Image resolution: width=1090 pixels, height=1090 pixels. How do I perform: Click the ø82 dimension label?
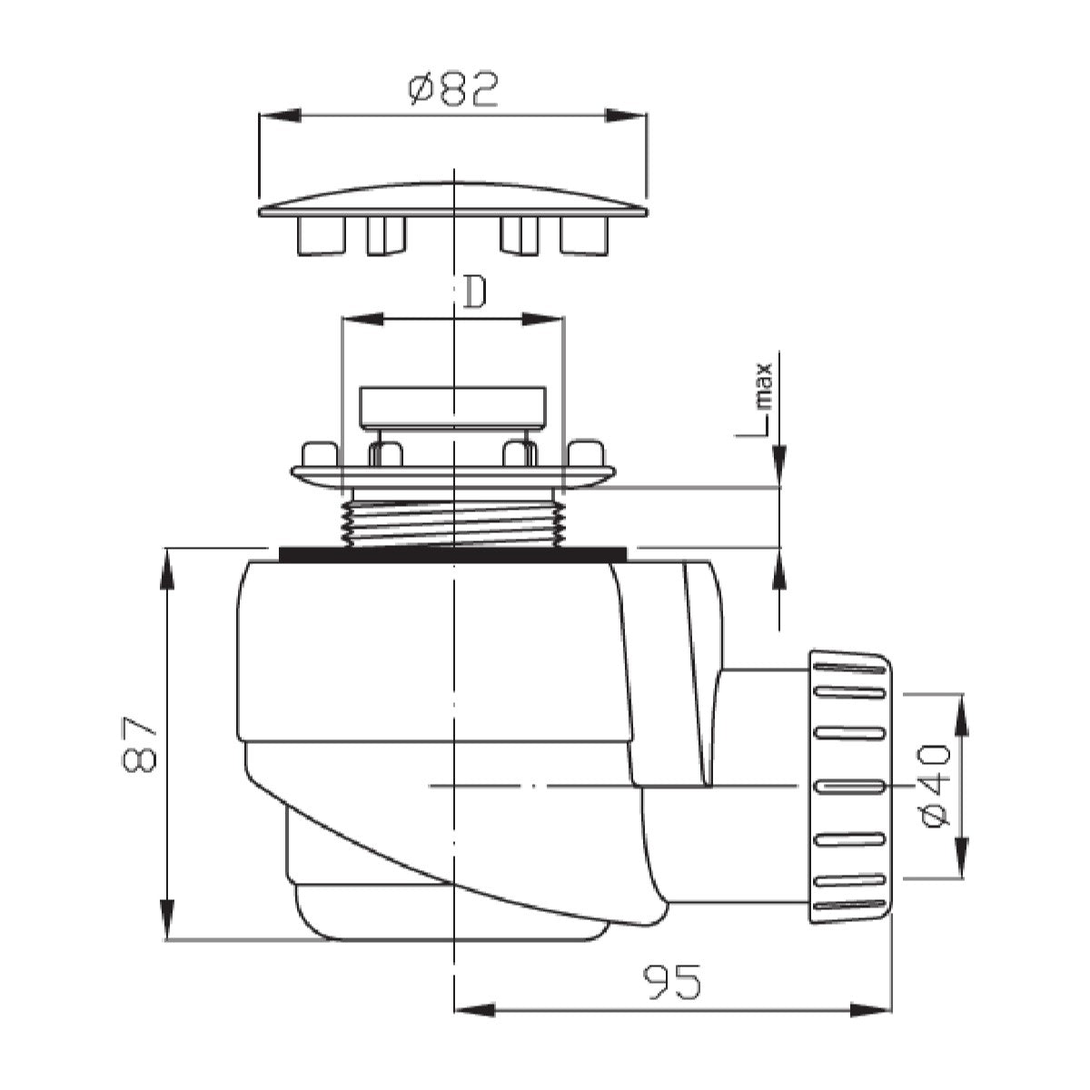point(452,90)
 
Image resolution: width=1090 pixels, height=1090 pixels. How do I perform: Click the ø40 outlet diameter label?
point(935,786)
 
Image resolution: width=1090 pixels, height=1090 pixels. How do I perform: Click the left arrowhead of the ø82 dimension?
point(278,115)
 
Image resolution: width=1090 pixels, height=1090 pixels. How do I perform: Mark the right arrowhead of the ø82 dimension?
point(627,115)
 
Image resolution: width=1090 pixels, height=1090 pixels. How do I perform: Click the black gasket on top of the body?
point(452,554)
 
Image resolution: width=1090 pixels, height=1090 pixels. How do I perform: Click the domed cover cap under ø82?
point(452,200)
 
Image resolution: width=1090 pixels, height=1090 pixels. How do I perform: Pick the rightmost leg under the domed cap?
point(583,237)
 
